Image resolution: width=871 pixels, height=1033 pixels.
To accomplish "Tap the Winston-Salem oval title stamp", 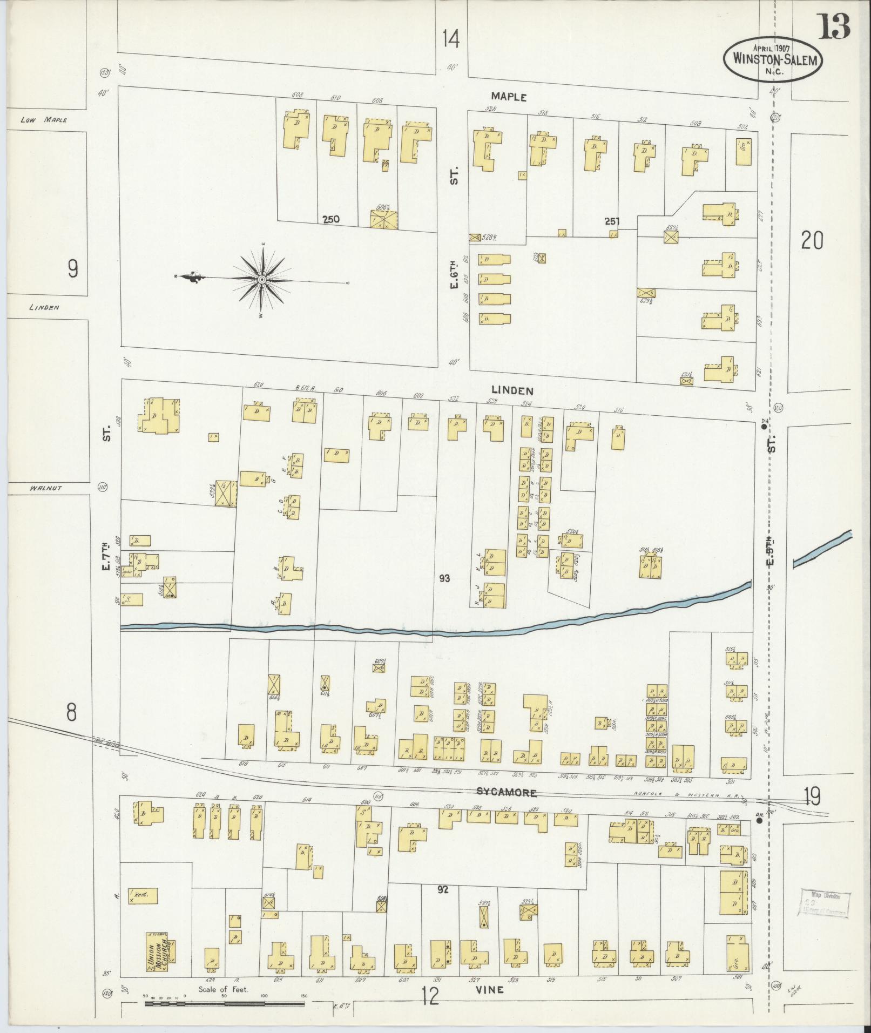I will click(x=773, y=60).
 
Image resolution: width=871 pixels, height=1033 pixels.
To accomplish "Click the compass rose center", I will click(x=262, y=279).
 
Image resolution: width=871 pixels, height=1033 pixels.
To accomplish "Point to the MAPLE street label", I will click(x=508, y=97).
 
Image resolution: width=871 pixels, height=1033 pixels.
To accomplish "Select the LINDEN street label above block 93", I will click(x=512, y=390).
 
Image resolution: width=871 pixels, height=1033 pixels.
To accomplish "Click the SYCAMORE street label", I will click(x=506, y=793).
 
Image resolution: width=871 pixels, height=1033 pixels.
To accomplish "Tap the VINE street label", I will click(x=490, y=990).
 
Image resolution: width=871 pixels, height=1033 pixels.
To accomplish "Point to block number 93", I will click(x=444, y=578).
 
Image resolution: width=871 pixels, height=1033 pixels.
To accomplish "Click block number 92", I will click(x=444, y=889).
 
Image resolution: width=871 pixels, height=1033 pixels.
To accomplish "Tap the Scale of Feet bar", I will click(x=224, y=1004).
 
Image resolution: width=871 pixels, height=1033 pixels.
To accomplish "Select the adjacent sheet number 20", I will click(x=812, y=240).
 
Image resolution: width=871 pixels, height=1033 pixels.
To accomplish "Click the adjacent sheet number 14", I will click(x=450, y=39).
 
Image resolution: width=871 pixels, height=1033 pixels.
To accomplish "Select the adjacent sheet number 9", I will click(x=73, y=268).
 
